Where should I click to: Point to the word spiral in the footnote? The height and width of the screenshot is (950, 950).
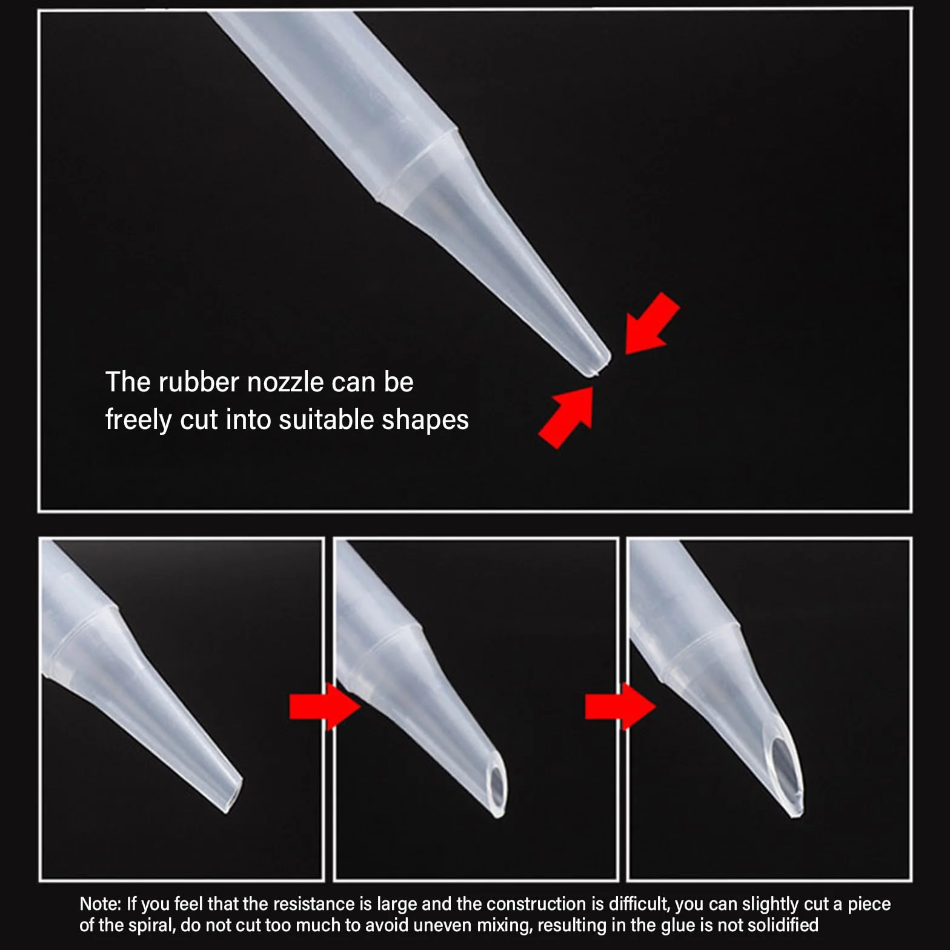151,925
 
